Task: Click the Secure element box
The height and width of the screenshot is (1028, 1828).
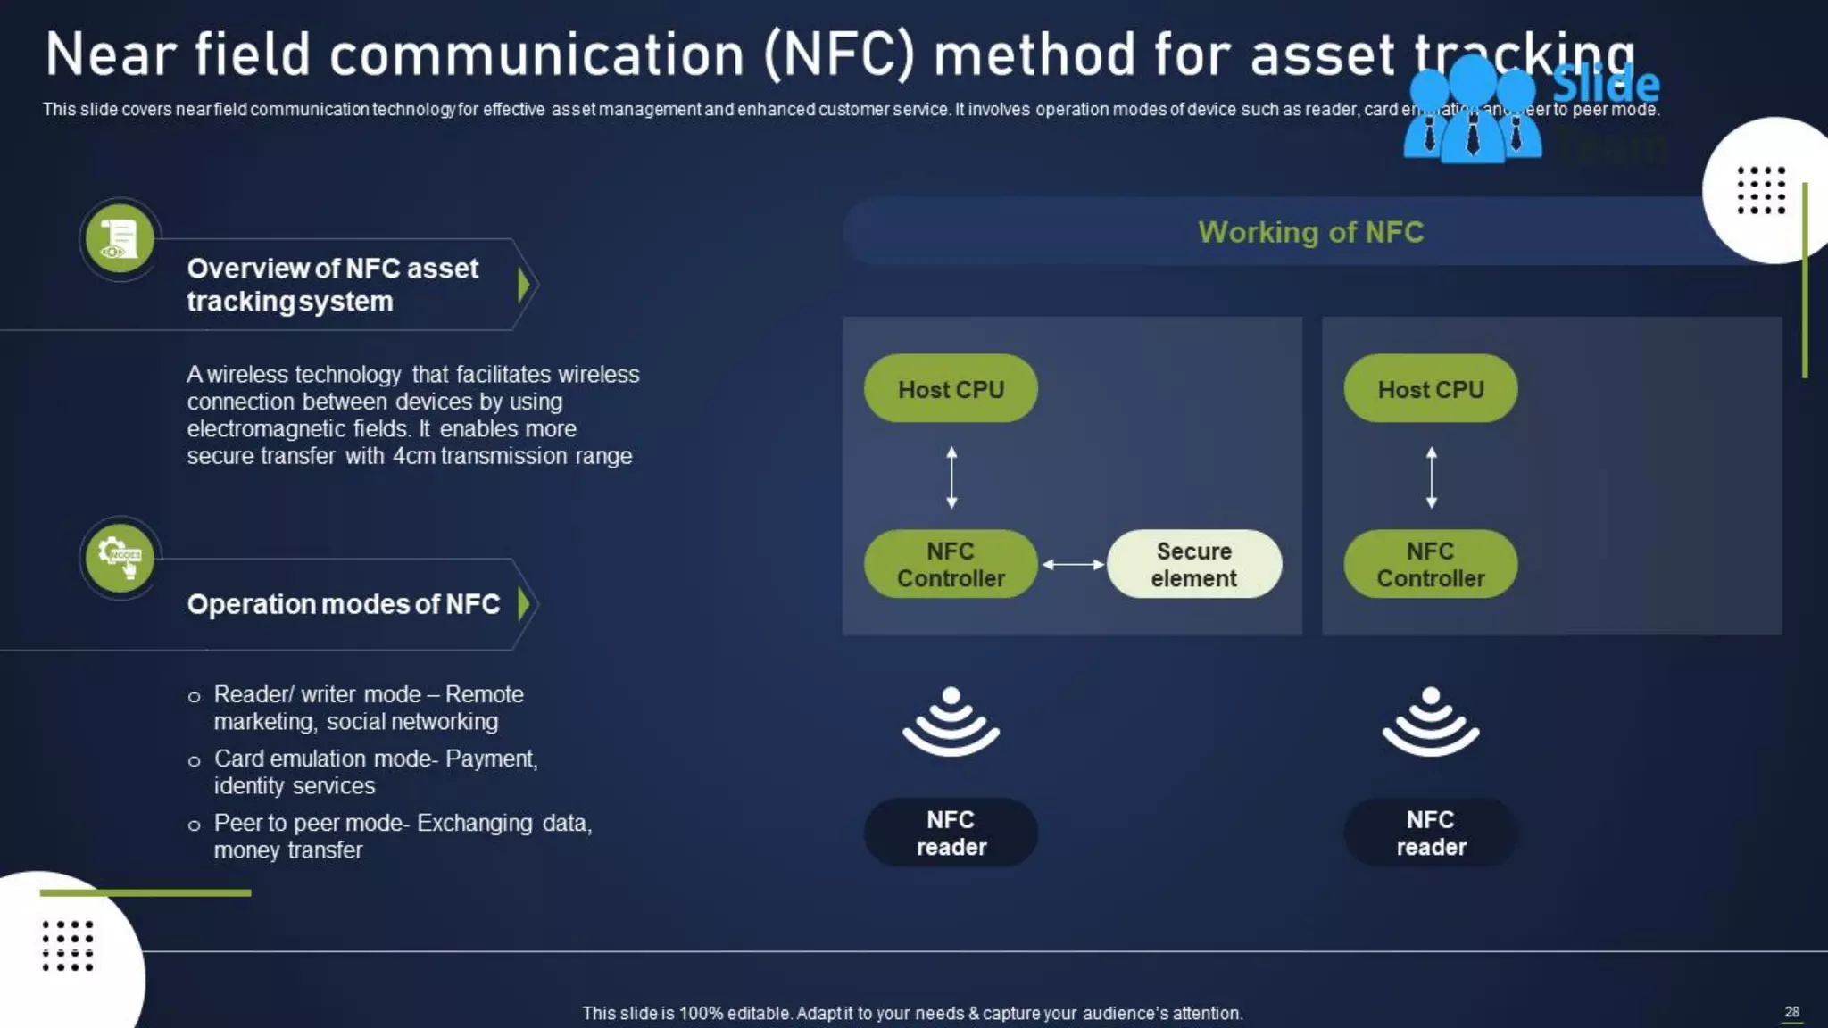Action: (1194, 564)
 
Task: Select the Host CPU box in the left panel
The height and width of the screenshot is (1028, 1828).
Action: (951, 389)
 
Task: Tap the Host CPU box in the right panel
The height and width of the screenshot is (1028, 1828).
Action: (1430, 389)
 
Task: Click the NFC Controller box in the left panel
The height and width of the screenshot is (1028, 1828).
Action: (951, 564)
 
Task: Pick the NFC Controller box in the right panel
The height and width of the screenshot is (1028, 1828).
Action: (1430, 564)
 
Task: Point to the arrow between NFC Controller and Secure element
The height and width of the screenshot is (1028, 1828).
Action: (1073, 564)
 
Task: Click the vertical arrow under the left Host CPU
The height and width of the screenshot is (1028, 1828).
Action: (951, 477)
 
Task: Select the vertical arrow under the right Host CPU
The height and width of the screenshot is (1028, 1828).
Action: (1432, 477)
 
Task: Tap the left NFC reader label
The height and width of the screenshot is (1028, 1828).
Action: (951, 833)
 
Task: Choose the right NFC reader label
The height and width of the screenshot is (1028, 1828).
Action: (1430, 833)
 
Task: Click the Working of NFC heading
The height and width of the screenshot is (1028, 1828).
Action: (1310, 232)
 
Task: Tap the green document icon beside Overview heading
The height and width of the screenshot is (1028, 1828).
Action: (120, 238)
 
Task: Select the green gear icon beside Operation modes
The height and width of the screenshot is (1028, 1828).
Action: (120, 558)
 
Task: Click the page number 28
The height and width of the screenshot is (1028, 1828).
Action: (1791, 1011)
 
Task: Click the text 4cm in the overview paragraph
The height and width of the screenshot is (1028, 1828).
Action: (414, 456)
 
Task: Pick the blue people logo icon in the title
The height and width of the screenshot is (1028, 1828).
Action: (1472, 112)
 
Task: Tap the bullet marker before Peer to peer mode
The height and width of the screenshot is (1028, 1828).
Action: (195, 825)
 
